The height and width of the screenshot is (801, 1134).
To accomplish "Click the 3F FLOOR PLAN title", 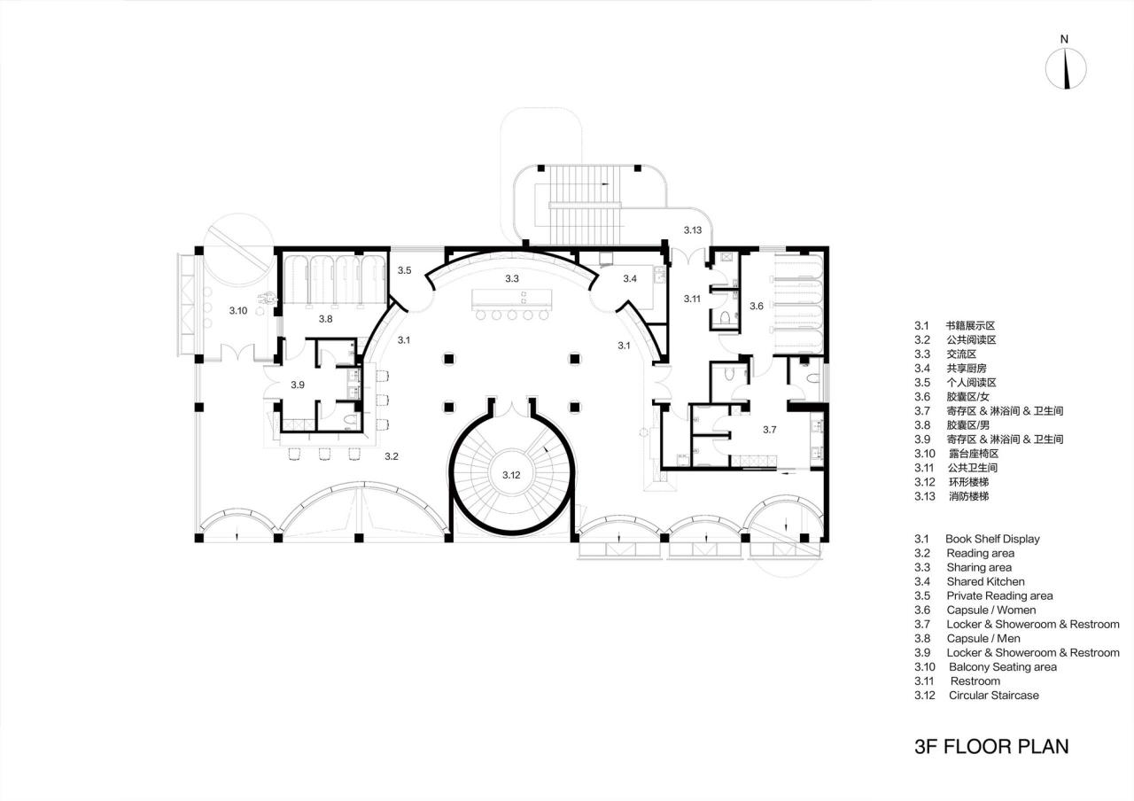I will (990, 746).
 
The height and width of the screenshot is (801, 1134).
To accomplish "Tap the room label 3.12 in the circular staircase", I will (511, 475).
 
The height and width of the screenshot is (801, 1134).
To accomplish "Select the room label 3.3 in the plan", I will (512, 278).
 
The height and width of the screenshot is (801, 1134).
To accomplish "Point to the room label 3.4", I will (630, 279).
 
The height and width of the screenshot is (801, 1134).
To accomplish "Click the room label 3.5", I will (404, 269).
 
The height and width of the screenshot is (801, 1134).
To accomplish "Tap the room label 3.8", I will (326, 317).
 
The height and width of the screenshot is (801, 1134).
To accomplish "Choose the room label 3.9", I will (299, 385).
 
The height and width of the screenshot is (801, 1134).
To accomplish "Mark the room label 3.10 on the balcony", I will (238, 310).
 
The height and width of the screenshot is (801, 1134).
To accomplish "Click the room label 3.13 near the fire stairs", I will (692, 230).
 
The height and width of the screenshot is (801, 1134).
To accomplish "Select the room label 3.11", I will (692, 299).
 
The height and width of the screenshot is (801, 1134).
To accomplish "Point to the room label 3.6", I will (756, 306).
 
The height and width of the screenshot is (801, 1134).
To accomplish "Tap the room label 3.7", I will (770, 430).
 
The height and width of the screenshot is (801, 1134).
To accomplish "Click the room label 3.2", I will (392, 456).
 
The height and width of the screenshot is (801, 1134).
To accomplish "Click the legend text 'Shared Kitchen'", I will (985, 581).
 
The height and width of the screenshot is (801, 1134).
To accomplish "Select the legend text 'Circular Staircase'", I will (993, 696).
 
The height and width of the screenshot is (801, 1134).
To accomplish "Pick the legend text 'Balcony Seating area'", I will (1002, 666).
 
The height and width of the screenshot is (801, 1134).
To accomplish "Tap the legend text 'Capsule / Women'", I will (990, 610).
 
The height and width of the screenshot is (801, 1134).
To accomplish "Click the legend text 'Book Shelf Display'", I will (992, 539).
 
